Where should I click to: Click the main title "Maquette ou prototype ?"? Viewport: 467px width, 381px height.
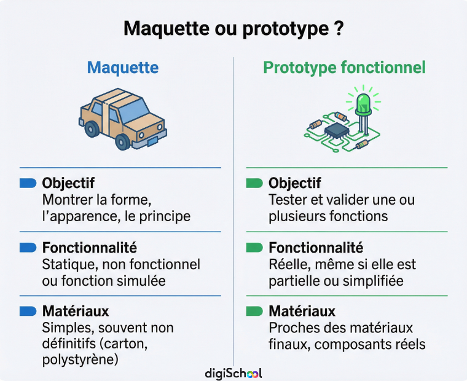click(x=233, y=29)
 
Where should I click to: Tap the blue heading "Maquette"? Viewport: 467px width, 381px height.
click(x=123, y=68)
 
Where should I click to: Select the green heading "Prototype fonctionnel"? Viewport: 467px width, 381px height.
click(x=344, y=68)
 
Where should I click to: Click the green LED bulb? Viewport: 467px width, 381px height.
click(x=363, y=104)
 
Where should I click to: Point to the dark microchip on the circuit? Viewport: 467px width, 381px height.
click(x=336, y=130)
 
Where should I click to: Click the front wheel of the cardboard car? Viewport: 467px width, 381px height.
click(x=122, y=142)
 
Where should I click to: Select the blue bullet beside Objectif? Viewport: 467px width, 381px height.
click(x=28, y=183)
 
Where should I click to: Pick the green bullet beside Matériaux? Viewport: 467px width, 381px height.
click(x=254, y=312)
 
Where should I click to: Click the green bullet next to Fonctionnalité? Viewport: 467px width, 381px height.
click(x=254, y=248)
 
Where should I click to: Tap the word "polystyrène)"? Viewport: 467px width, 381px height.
click(x=80, y=360)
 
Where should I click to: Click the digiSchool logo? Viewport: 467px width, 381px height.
click(x=233, y=373)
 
